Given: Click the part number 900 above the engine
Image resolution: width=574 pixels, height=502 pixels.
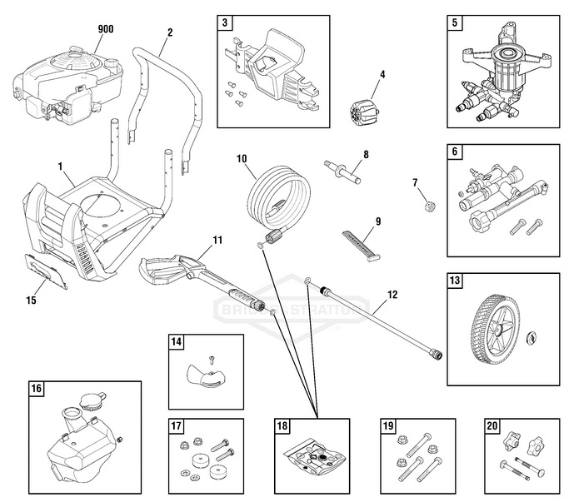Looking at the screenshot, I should [105, 29].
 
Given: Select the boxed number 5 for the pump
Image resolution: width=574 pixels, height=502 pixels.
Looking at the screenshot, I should [454, 23].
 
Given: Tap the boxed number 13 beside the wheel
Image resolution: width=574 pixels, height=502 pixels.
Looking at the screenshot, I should [454, 281].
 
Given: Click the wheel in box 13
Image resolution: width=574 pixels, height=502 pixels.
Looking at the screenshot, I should [491, 328].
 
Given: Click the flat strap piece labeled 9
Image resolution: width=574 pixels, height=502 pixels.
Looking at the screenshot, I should [362, 243].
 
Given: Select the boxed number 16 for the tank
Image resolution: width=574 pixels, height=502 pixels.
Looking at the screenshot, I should [37, 387].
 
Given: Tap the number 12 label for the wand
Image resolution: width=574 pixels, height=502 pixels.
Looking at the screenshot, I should [392, 295].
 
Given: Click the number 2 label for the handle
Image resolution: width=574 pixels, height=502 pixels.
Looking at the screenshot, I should [170, 32].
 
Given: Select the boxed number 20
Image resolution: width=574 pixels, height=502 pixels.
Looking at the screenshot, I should [491, 426].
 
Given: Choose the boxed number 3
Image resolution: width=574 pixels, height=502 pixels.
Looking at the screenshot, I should [225, 23].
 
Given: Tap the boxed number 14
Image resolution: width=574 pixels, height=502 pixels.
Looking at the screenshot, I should [177, 341].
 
